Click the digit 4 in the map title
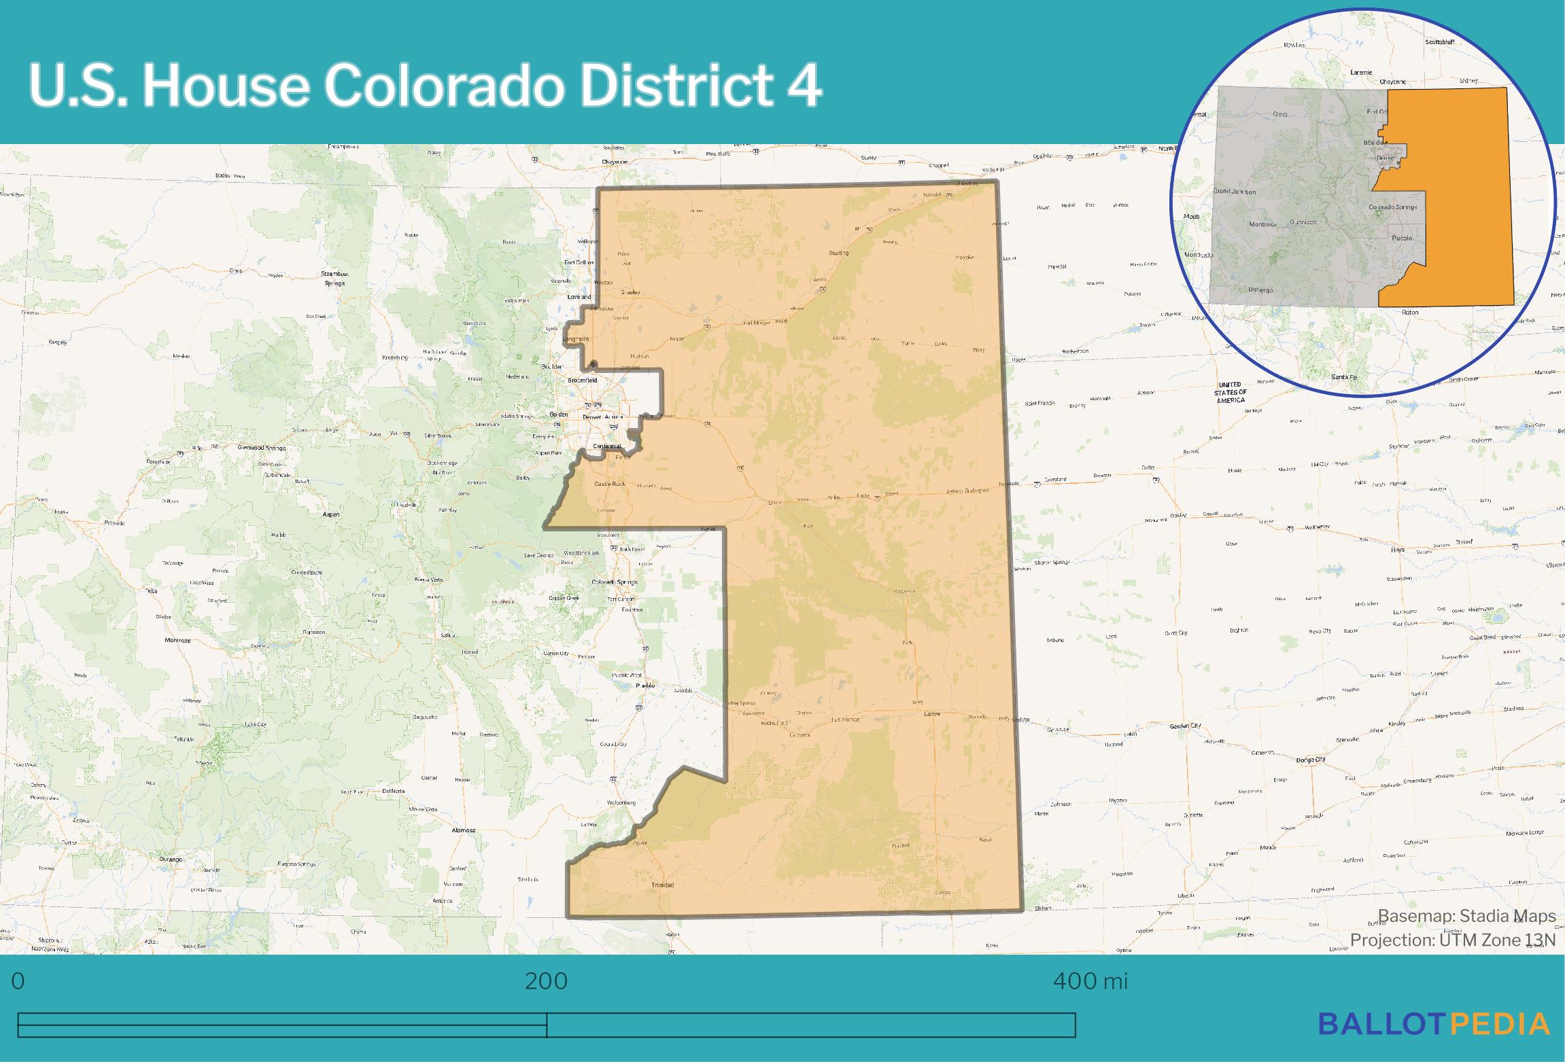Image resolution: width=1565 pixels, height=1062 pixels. (x=805, y=86)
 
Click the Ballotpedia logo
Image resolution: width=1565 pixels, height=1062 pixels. (x=1434, y=1024)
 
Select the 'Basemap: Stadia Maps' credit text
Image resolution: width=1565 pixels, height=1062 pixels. (x=1467, y=916)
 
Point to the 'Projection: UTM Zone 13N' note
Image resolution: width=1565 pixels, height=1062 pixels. (x=1453, y=940)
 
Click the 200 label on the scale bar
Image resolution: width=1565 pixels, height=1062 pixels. (x=546, y=981)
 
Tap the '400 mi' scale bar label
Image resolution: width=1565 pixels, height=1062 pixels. (x=1090, y=981)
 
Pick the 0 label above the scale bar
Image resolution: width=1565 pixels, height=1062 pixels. (x=18, y=981)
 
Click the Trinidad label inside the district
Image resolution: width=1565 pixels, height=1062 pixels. (x=662, y=885)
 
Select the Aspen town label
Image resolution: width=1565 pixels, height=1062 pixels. (x=331, y=514)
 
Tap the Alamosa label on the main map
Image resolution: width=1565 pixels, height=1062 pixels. (x=464, y=830)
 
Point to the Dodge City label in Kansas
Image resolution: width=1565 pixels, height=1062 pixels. (x=1311, y=760)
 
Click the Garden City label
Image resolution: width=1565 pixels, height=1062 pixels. (x=1186, y=726)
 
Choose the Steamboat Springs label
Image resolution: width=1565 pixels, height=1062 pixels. (x=334, y=279)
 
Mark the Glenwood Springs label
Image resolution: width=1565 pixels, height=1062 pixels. (x=262, y=448)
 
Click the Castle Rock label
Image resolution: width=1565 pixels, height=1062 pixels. (x=610, y=484)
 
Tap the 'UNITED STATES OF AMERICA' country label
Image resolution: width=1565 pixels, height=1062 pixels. (x=1231, y=392)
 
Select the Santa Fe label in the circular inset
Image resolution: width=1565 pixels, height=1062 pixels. (x=1344, y=377)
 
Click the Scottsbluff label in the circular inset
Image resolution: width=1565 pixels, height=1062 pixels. (x=1440, y=42)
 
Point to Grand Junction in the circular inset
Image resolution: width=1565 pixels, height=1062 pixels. (x=1235, y=192)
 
